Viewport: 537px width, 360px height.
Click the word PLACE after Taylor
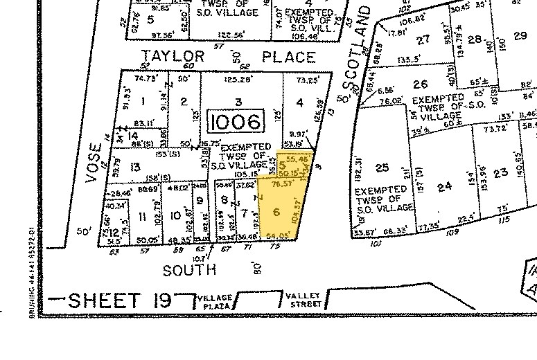285,57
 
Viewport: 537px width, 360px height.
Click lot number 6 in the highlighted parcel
276,211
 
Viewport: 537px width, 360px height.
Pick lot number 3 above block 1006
238,102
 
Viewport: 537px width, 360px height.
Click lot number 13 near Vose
135,168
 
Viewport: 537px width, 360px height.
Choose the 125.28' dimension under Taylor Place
238,80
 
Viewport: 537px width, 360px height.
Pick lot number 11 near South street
143,216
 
